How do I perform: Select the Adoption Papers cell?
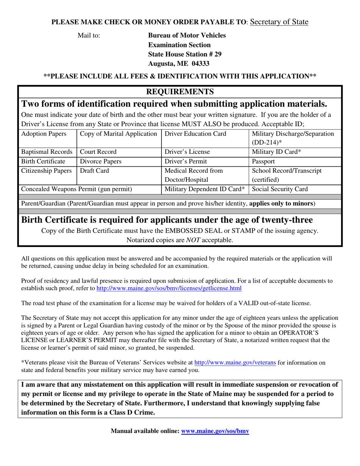44,134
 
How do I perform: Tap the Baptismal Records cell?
44,152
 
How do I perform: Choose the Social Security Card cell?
280,189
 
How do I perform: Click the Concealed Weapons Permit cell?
77,189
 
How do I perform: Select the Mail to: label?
89,36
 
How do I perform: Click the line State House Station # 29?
185,55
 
